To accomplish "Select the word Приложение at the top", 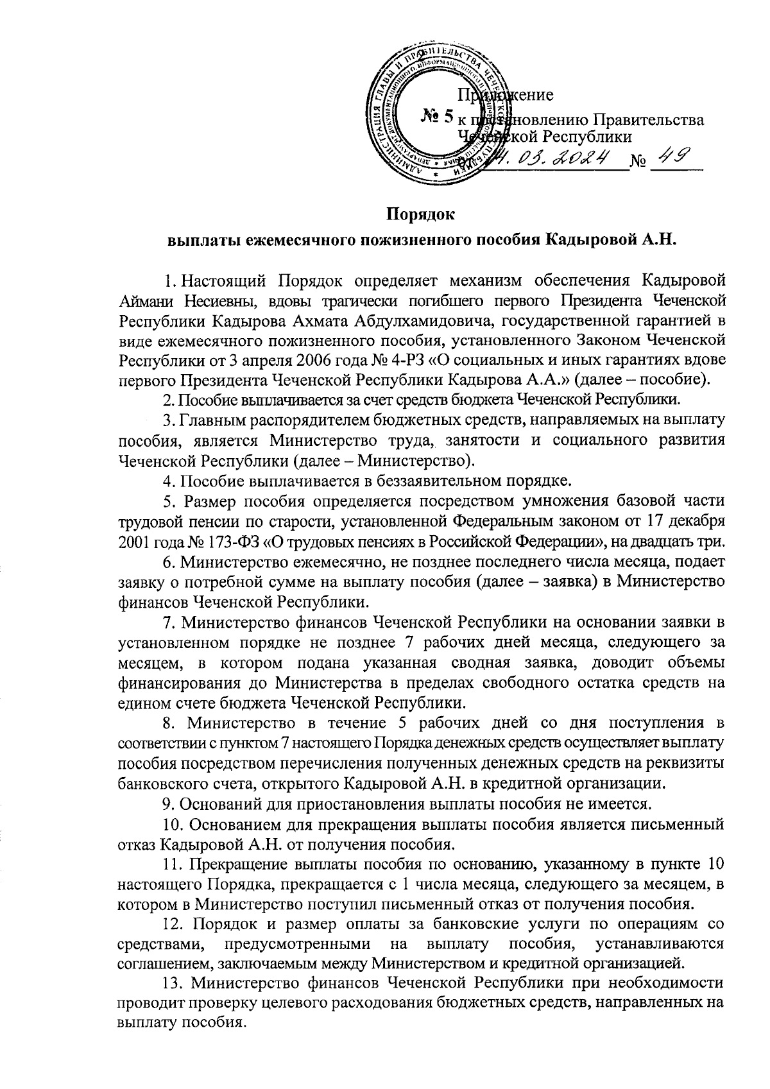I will (x=505, y=96).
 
